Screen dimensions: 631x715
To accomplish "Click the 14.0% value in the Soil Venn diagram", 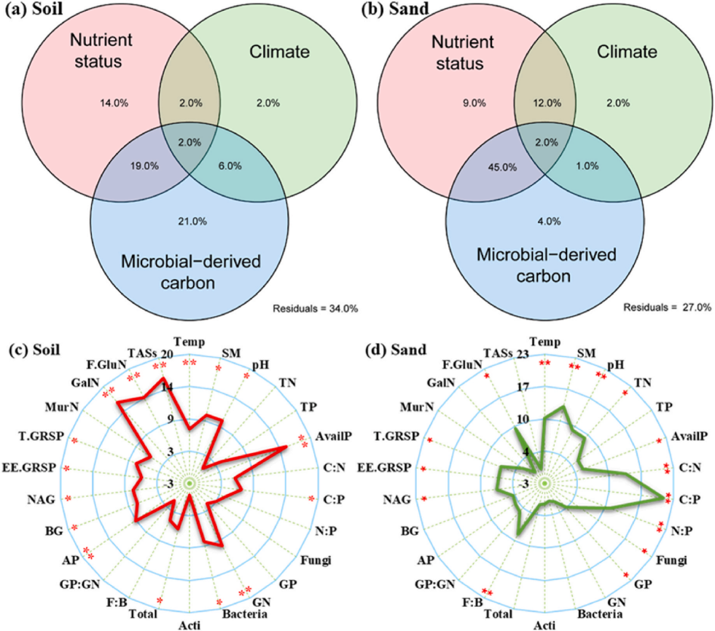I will [115, 103].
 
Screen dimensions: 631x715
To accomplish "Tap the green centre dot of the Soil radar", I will [189, 483].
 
